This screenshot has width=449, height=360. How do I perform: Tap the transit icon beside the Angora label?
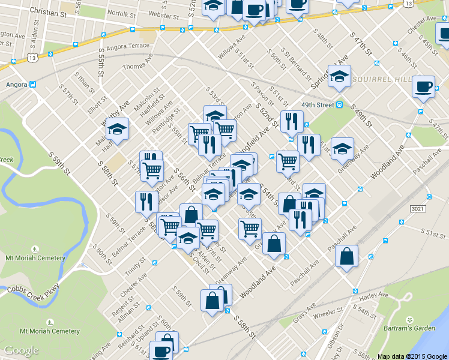[34, 84]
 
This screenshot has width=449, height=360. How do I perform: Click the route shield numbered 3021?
[419, 208]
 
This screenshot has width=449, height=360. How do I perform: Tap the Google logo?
[22, 350]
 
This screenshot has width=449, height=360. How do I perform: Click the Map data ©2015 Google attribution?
[412, 356]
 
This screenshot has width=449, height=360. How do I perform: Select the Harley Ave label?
[375, 296]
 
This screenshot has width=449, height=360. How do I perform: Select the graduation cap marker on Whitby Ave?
[117, 129]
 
